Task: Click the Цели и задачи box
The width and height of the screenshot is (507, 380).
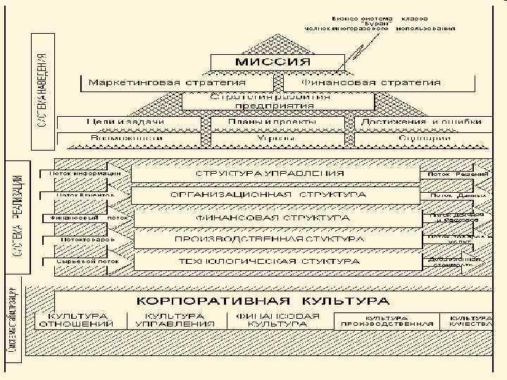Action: (x=125, y=122)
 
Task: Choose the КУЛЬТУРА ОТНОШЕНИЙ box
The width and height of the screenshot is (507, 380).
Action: (x=77, y=319)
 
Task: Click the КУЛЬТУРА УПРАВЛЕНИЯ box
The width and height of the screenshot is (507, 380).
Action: (x=179, y=319)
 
